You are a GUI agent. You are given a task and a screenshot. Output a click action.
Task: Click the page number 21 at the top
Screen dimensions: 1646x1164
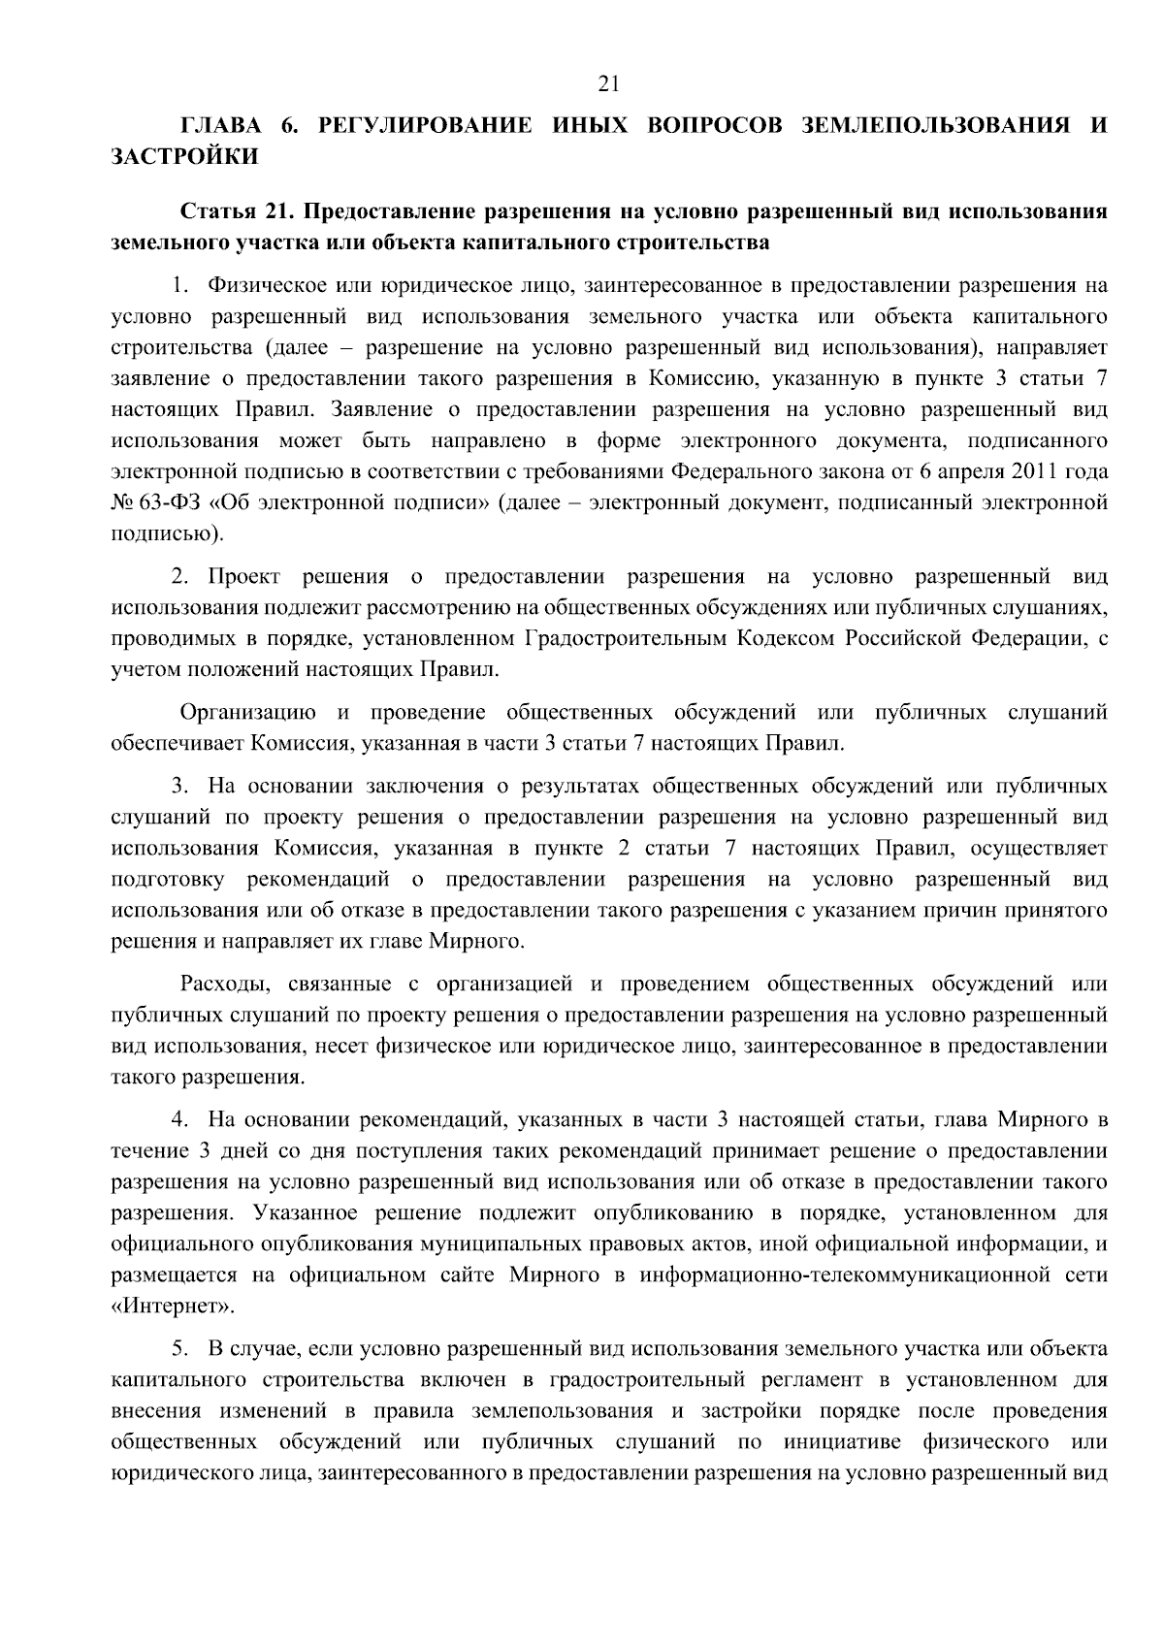click(609, 84)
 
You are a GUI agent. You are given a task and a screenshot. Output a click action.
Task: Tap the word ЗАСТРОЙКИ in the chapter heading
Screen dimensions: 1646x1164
click(185, 157)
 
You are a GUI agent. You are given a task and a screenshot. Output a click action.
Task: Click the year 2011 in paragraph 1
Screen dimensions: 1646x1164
click(1040, 472)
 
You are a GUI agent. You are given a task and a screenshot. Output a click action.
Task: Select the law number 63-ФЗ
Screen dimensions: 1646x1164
click(173, 503)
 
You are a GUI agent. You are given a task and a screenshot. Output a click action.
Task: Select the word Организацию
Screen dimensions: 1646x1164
click(248, 714)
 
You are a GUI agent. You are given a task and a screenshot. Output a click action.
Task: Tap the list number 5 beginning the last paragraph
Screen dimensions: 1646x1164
click(178, 1348)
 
